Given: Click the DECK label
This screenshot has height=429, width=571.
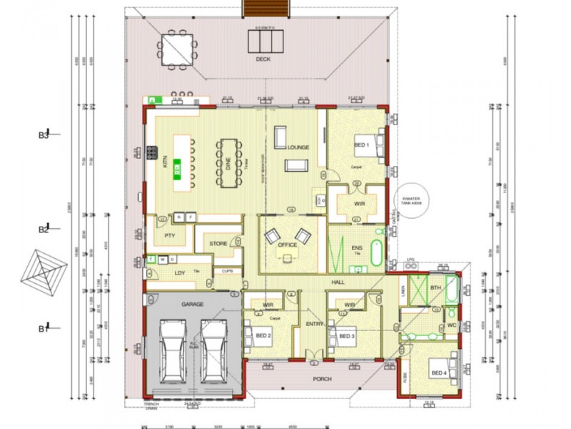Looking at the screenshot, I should (263, 60).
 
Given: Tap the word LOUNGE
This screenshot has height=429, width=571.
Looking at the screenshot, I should (298, 147).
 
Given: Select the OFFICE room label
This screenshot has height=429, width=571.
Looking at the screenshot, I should (287, 245).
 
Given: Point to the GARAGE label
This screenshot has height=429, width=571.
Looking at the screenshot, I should (192, 304).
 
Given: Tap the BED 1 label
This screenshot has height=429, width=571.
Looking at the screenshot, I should (362, 145).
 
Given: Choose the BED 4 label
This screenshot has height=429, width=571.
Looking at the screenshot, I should (438, 373).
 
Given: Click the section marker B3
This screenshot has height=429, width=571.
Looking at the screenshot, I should (44, 134).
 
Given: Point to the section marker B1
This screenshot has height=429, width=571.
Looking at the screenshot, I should (44, 329).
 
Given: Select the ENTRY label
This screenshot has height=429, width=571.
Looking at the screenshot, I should (315, 325).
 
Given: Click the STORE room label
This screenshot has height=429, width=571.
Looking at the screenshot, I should (218, 244).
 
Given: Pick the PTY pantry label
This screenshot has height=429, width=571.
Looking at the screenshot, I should (170, 235).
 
